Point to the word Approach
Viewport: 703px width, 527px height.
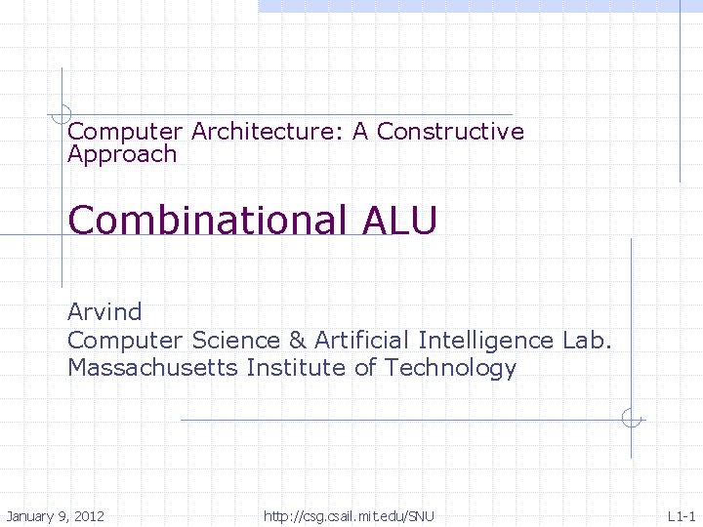coord(122,154)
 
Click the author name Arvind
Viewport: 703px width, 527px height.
coord(104,312)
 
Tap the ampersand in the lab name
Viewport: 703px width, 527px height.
coord(297,341)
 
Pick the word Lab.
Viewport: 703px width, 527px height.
coord(587,341)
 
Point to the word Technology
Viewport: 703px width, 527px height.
coord(450,369)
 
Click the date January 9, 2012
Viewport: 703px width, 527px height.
coord(55,515)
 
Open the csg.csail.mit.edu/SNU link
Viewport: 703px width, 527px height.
coord(349,515)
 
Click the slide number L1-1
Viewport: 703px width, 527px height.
coord(681,515)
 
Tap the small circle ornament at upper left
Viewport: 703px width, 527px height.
coord(62,113)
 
